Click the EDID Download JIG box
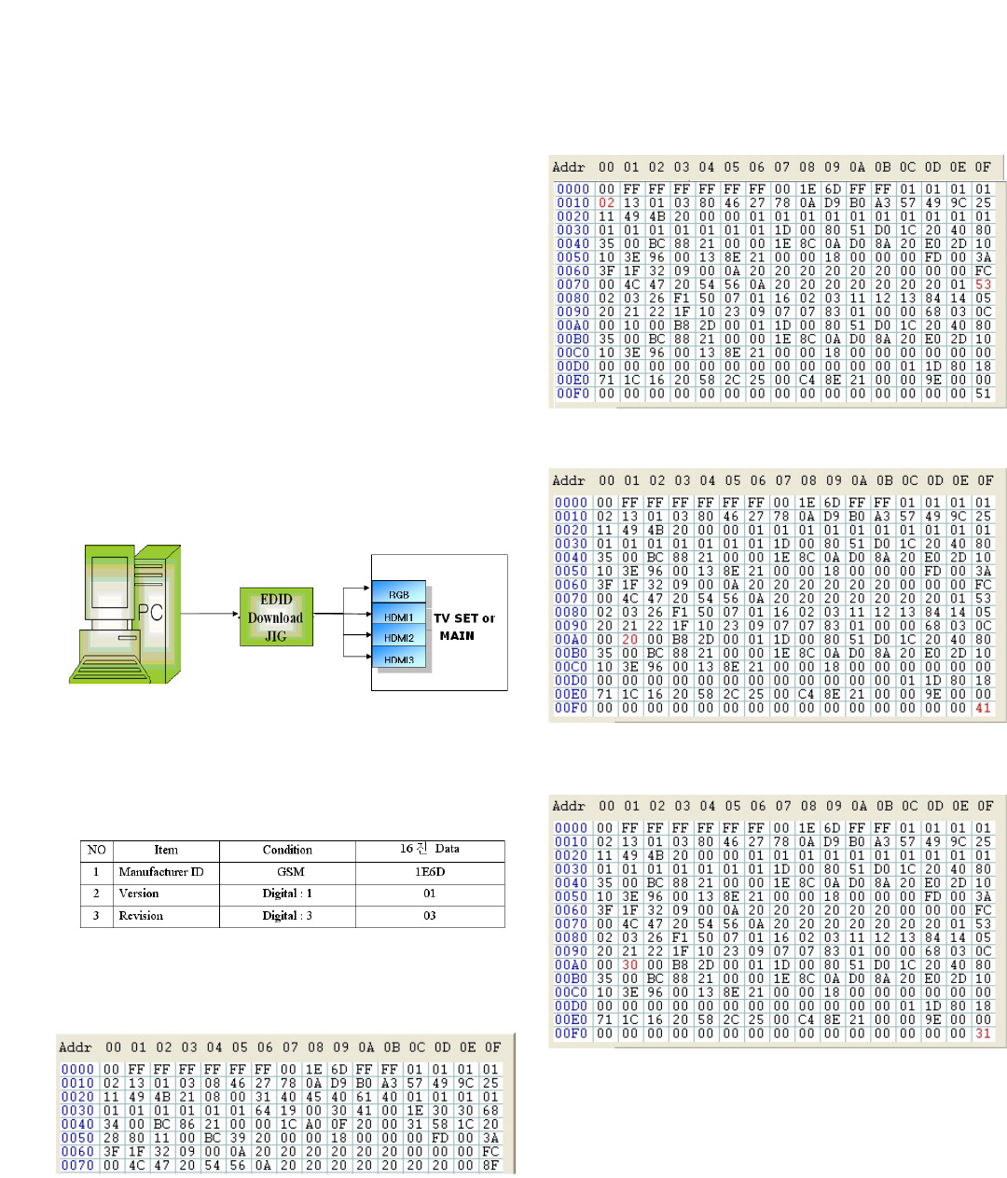tap(276, 617)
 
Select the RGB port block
tap(399, 593)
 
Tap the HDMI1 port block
tap(399, 617)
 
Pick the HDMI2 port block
tap(399, 638)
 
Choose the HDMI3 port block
tap(399, 659)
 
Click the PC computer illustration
tap(125, 616)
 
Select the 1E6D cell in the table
tap(430, 872)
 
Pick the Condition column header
tap(287, 850)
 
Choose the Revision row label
tap(141, 916)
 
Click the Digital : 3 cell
tap(287, 916)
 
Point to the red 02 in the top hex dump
tap(607, 202)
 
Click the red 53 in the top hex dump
tap(984, 284)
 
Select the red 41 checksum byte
tap(984, 708)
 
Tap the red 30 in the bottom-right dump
tap(630, 965)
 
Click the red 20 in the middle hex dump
tap(630, 640)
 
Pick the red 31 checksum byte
tap(984, 1033)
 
